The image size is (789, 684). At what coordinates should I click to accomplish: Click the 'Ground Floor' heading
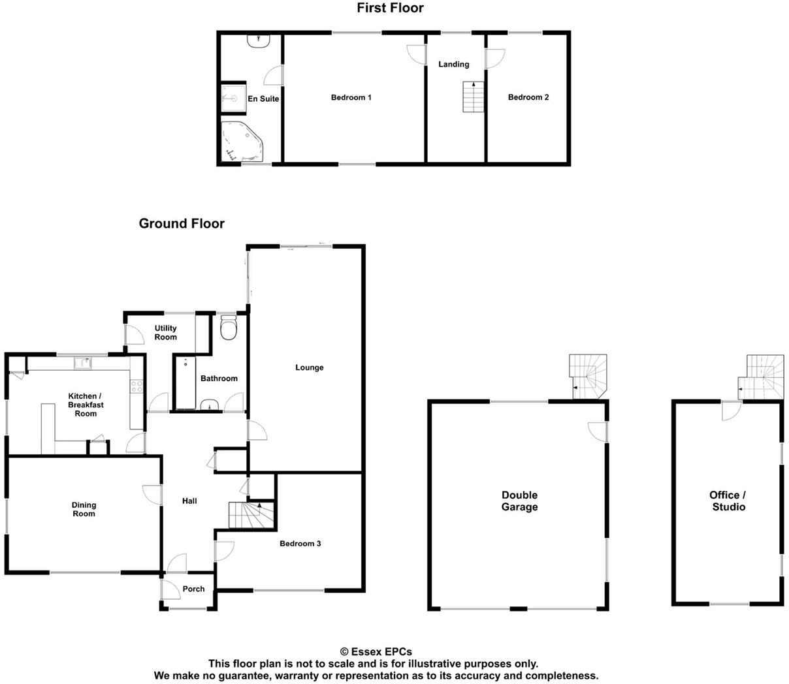pyautogui.click(x=182, y=224)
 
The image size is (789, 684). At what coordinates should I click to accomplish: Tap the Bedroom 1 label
pyautogui.click(x=351, y=98)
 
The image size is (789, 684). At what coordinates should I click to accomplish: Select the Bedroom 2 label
pyautogui.click(x=528, y=98)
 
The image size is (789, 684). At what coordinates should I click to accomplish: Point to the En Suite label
pyautogui.click(x=263, y=99)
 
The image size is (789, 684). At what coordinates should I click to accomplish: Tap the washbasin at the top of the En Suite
pyautogui.click(x=260, y=40)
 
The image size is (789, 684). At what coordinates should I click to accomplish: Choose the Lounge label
pyautogui.click(x=310, y=367)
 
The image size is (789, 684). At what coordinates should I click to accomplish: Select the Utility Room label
pyautogui.click(x=166, y=333)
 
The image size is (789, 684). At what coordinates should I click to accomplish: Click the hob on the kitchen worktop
pyautogui.click(x=137, y=386)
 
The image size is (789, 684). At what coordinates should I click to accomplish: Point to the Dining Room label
pyautogui.click(x=84, y=509)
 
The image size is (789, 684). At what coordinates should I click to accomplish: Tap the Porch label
pyautogui.click(x=193, y=589)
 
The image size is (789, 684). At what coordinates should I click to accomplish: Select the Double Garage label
pyautogui.click(x=520, y=501)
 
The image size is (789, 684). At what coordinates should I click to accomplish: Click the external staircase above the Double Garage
pyautogui.click(x=588, y=377)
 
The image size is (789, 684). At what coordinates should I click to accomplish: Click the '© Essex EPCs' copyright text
pyautogui.click(x=376, y=651)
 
